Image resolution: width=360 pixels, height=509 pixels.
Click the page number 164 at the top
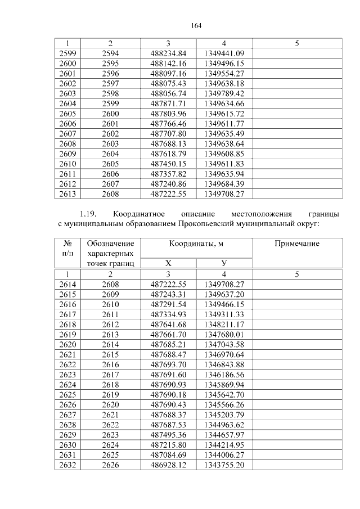click(196, 25)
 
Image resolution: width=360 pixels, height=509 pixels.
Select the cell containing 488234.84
click(168, 53)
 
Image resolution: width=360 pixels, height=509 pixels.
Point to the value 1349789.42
click(224, 93)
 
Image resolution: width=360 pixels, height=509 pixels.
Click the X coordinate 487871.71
click(168, 103)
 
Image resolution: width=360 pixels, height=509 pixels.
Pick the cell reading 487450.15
click(168, 164)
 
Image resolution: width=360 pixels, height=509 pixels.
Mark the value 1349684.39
click(224, 184)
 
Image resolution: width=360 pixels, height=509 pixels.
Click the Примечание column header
click(296, 244)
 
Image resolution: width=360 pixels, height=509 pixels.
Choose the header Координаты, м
click(195, 244)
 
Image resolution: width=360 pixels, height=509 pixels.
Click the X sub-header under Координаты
click(168, 263)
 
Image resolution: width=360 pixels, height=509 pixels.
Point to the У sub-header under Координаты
click(224, 263)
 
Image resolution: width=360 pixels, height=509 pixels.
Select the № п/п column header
click(67, 249)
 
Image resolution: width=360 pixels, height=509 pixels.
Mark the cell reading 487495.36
click(168, 435)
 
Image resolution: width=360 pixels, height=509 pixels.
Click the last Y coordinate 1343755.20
click(224, 465)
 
